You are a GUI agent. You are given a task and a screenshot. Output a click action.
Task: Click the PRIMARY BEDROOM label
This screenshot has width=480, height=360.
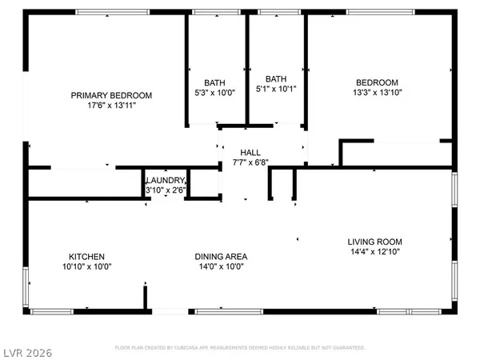click(110, 95)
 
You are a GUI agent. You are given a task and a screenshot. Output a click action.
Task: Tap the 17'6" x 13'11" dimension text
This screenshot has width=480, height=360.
click(110, 106)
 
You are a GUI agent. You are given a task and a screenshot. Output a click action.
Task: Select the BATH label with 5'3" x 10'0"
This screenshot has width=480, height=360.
click(215, 82)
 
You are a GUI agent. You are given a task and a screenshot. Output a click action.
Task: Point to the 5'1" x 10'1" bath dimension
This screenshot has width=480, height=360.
click(276, 89)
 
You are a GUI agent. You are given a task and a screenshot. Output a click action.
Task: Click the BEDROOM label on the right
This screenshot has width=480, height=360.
click(377, 82)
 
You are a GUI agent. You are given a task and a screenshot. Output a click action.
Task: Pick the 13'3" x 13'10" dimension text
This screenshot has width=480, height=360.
click(377, 94)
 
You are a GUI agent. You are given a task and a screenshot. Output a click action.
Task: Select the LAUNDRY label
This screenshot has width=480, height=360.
click(166, 181)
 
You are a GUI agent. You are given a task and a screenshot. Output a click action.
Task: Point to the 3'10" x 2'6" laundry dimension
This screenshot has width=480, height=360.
click(166, 190)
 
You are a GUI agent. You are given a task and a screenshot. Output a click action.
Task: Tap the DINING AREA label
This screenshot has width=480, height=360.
click(222, 257)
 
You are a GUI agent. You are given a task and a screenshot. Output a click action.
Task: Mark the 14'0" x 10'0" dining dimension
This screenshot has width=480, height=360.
click(222, 267)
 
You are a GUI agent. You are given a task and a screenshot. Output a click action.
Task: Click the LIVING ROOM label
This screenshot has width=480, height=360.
click(374, 242)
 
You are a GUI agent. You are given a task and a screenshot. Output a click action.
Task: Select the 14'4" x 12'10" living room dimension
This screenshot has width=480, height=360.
click(374, 252)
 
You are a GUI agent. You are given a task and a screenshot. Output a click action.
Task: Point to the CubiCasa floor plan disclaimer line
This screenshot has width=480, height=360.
click(240, 348)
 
